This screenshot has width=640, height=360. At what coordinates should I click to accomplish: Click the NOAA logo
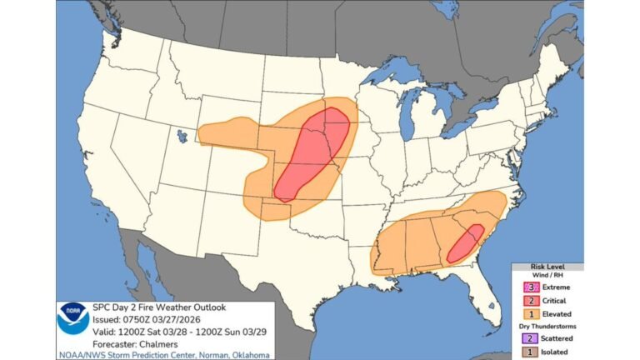(73, 317)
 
